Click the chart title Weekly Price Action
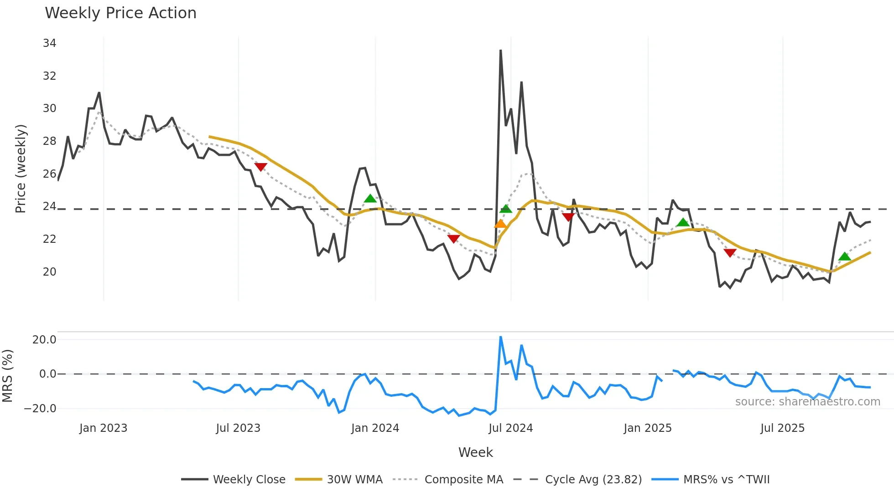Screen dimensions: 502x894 120,13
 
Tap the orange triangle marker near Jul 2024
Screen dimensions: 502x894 500,224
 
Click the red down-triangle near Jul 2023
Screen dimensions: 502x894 260,167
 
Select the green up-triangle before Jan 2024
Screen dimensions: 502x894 370,199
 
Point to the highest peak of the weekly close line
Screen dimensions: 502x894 501,51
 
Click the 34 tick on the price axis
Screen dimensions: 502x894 49,43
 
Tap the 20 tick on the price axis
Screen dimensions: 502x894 49,272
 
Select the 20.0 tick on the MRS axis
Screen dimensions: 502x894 44,340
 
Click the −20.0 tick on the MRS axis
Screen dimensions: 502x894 41,409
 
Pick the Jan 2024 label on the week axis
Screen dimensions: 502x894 375,428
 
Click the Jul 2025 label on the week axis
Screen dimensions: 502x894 782,428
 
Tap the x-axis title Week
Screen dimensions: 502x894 475,452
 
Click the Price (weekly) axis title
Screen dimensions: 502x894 21,169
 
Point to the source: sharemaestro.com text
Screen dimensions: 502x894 807,402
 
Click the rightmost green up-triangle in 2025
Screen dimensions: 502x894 845,256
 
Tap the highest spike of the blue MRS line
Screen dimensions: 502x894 501,338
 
